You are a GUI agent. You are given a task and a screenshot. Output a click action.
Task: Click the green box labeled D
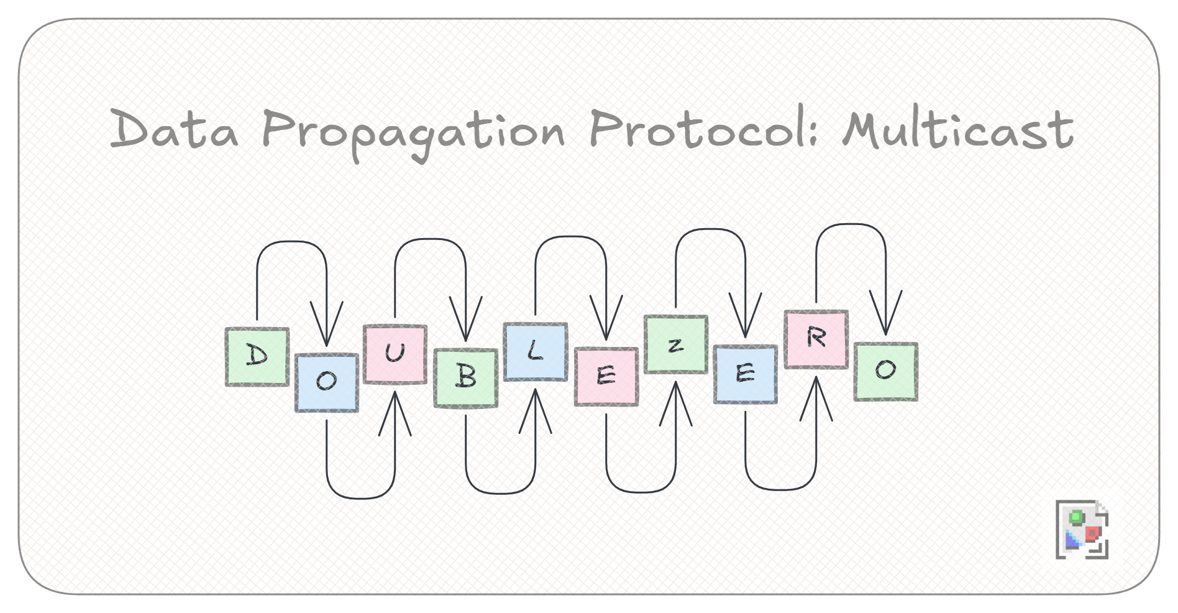click(x=257, y=357)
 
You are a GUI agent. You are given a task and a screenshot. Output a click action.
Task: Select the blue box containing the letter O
click(x=326, y=382)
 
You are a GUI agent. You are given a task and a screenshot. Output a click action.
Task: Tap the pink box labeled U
click(x=395, y=354)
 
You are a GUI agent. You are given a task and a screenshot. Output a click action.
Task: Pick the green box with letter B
click(x=465, y=377)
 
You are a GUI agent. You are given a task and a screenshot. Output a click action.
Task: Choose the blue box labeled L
click(x=535, y=351)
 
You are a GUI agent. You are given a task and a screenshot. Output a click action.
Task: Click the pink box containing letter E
click(x=606, y=376)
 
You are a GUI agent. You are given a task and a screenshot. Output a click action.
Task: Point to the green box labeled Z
click(x=675, y=344)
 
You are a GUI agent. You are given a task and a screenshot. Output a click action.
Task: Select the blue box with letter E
click(x=745, y=374)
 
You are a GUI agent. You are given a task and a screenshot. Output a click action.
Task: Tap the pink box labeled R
click(x=816, y=339)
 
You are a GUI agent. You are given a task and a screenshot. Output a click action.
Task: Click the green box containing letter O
click(x=885, y=371)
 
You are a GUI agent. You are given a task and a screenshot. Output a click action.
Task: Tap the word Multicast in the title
click(x=958, y=129)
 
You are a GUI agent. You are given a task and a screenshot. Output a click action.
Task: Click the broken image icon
click(x=1082, y=529)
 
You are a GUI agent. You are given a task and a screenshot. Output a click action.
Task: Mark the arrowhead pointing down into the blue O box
click(x=326, y=326)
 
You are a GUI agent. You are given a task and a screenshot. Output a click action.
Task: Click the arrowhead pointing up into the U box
click(x=395, y=410)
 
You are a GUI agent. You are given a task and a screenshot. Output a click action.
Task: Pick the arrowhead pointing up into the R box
click(x=816, y=398)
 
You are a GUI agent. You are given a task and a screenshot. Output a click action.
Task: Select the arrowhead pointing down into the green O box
click(x=885, y=314)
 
